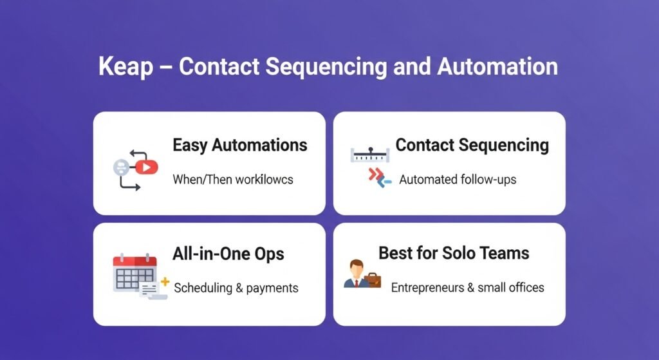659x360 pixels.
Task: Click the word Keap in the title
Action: [x=125, y=67]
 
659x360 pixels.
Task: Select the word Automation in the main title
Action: [x=497, y=66]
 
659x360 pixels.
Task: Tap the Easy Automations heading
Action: [x=240, y=146]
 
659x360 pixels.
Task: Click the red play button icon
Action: [x=146, y=167]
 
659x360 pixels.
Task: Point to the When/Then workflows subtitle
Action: [x=233, y=180]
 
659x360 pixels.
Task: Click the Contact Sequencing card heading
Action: [x=472, y=146]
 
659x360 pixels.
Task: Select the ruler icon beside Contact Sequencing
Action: [x=370, y=155]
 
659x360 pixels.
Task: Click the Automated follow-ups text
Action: [x=458, y=180]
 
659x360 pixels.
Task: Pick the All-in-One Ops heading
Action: [x=228, y=254]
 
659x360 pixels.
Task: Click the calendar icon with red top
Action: [x=135, y=272]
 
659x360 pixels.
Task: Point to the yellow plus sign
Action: [x=165, y=282]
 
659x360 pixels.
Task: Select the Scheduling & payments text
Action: [x=236, y=288]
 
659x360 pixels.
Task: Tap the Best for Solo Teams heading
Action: [x=454, y=253]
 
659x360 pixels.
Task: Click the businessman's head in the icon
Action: [x=357, y=268]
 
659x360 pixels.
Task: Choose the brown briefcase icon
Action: [x=373, y=280]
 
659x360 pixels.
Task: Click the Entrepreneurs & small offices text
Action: [x=468, y=288]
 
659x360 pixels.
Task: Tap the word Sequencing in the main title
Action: [x=326, y=67]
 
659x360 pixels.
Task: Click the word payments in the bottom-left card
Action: [x=272, y=289]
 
